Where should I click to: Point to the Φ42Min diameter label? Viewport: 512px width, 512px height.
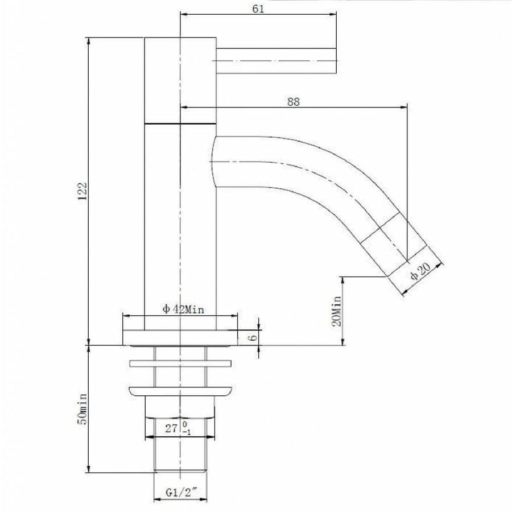click(183, 309)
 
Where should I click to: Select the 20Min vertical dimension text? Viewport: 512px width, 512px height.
click(336, 311)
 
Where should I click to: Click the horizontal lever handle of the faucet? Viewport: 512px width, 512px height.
click(277, 60)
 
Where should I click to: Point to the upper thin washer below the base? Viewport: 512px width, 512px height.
click(181, 363)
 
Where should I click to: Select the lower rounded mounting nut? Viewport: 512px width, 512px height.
click(181, 391)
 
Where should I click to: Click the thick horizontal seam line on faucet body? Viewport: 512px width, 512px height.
click(181, 123)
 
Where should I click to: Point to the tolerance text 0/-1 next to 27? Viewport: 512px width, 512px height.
click(186, 428)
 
